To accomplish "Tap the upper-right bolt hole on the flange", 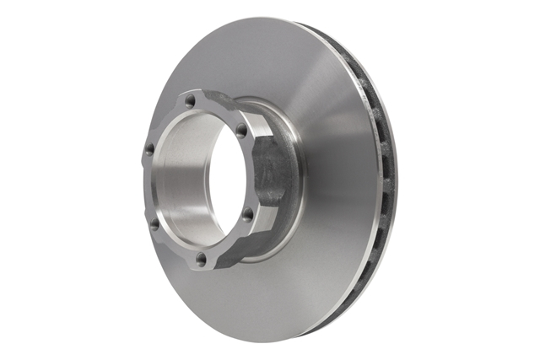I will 241,131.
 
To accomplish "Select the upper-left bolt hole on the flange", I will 149,149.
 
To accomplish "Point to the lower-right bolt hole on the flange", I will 248,215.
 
